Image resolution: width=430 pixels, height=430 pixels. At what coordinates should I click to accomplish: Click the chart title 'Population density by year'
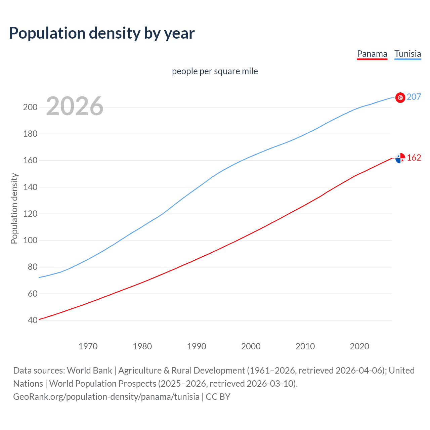102,33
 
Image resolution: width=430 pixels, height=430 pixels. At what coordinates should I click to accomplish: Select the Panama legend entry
372,54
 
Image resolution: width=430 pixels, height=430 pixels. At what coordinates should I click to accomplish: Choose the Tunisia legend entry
407,54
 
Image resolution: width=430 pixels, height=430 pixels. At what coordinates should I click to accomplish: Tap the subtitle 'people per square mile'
215,71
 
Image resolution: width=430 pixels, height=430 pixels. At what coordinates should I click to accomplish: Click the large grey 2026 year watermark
75,106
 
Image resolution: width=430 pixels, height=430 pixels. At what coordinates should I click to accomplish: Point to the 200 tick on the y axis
30,107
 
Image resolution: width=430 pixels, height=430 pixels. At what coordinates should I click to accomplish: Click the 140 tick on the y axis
30,187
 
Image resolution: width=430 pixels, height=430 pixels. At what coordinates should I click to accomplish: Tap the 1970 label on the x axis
88,346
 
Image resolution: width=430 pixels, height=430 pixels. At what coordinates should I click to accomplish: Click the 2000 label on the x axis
251,346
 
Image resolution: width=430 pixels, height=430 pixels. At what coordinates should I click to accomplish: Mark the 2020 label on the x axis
359,346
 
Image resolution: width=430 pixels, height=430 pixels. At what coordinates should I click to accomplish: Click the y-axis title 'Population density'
14,208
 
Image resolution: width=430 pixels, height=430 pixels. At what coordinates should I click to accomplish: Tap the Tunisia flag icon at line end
400,97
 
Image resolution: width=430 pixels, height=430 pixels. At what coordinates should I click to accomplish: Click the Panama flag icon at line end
400,158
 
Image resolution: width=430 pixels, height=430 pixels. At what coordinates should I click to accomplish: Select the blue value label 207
414,97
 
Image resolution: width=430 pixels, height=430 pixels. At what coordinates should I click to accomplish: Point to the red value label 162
414,158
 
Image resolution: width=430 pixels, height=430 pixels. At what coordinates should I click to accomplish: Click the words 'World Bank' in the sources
89,370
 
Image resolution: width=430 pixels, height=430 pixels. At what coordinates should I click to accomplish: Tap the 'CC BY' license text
218,396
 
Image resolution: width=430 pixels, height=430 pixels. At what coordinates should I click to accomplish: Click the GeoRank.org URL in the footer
106,396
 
